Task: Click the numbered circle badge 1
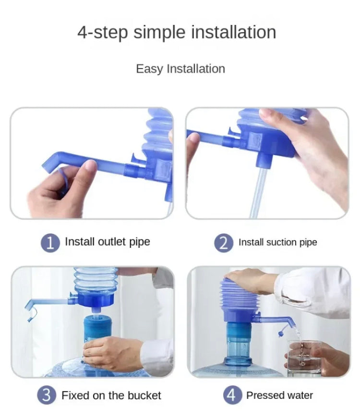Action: click(50, 243)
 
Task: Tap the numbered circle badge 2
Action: click(224, 243)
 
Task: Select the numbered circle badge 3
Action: click(47, 396)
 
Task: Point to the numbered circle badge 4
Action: click(232, 396)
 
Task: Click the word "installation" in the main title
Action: click(234, 33)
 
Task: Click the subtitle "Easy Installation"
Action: click(180, 69)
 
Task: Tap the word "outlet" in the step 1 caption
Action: click(112, 242)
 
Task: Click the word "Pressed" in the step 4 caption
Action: click(265, 396)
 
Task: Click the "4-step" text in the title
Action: click(103, 33)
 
